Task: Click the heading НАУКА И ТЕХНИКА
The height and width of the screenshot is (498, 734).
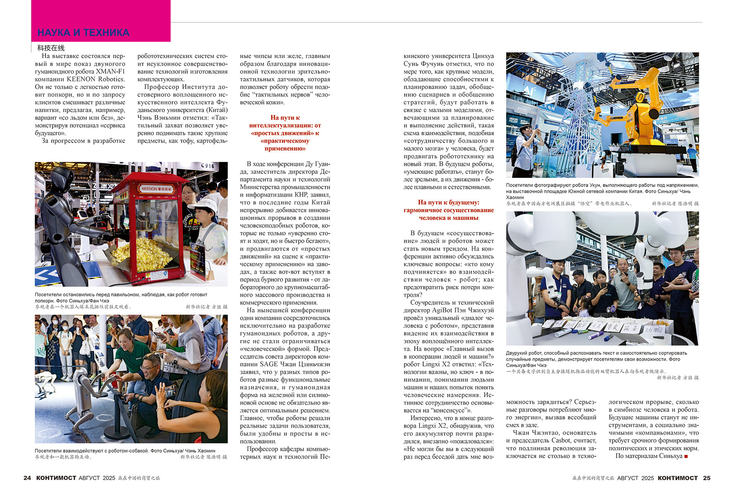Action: point(83,32)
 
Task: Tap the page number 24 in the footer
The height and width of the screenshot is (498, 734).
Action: point(27,478)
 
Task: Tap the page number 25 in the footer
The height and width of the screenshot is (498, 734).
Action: point(706,478)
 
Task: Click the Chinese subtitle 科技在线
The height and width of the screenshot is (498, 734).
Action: point(51,48)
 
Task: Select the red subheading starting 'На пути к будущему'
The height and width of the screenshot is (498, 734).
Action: point(448,210)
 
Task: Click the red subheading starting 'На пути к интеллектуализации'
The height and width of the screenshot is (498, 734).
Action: point(285,133)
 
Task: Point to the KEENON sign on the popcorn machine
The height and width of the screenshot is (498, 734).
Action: point(156,189)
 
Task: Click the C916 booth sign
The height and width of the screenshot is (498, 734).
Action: point(208,166)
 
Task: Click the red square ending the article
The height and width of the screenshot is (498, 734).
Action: point(686,456)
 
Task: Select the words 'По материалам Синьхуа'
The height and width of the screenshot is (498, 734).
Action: point(649,456)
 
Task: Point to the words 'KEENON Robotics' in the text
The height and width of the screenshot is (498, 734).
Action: point(96,79)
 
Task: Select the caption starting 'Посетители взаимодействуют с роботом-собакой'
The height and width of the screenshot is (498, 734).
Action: point(125,451)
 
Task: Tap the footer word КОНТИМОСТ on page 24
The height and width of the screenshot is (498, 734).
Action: point(56,478)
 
